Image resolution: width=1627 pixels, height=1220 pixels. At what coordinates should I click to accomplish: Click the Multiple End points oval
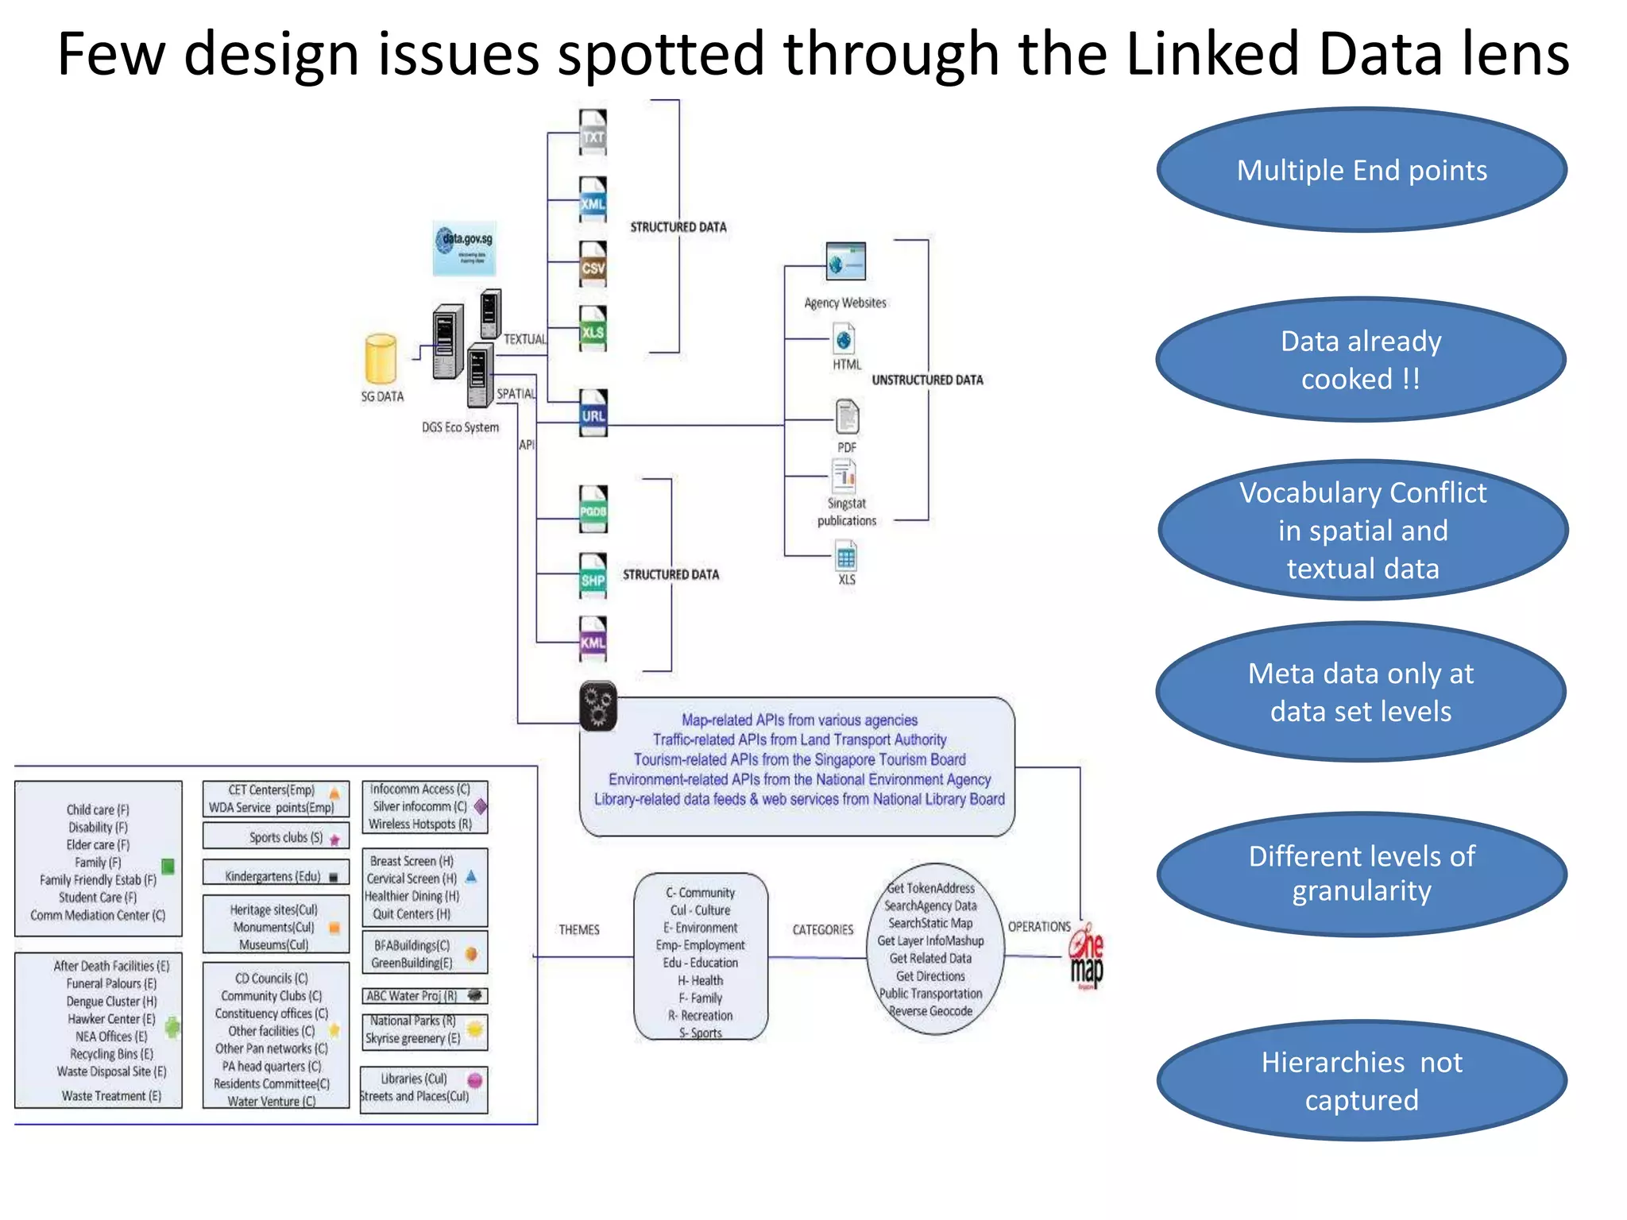click(x=1361, y=170)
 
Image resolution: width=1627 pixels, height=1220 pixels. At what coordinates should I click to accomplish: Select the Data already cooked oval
click(x=1361, y=360)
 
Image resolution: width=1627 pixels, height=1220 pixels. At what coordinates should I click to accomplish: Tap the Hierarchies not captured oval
click(x=1361, y=1080)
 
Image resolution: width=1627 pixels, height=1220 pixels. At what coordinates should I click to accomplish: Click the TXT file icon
click(x=593, y=132)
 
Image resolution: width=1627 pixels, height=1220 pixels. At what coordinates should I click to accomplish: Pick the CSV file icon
click(x=593, y=264)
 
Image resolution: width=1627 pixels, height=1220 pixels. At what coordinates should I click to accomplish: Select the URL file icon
click(x=593, y=412)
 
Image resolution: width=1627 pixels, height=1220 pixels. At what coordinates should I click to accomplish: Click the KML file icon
click(x=593, y=639)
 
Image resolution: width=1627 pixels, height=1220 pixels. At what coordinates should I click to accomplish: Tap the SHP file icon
click(x=593, y=576)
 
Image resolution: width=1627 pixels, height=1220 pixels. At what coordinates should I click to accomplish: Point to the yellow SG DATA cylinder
click(x=381, y=359)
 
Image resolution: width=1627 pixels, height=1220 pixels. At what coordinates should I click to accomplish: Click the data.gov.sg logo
click(x=465, y=248)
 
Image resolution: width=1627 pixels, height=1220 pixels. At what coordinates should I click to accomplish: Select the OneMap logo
click(x=1086, y=957)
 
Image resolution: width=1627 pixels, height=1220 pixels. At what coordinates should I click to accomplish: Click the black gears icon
click(x=597, y=705)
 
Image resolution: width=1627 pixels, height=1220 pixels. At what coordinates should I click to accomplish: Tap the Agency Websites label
click(x=844, y=303)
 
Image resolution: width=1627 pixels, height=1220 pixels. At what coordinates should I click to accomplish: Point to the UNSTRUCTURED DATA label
click(x=927, y=380)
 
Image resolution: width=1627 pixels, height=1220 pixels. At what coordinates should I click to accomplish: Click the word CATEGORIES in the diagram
click(x=822, y=929)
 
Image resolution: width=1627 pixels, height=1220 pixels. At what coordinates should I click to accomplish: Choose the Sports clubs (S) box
click(x=276, y=836)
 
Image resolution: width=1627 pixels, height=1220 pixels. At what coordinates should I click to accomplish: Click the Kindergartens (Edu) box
click(x=276, y=875)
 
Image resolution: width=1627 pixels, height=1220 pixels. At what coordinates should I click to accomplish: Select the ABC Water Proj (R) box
click(x=424, y=995)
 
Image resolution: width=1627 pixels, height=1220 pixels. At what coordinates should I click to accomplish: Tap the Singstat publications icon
click(x=844, y=477)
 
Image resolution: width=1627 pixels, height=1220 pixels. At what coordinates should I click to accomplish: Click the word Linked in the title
click(x=1212, y=54)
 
